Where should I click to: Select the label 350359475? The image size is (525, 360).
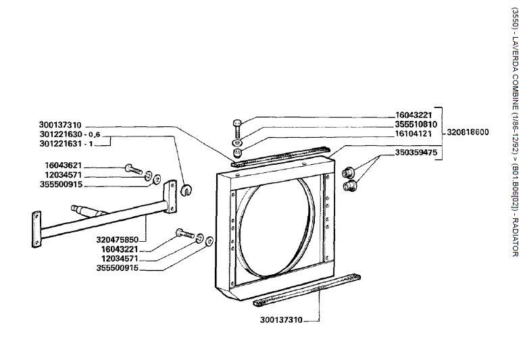tap(417, 153)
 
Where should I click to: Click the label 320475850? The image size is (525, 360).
tap(120, 239)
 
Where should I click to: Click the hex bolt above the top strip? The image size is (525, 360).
tap(236, 126)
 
